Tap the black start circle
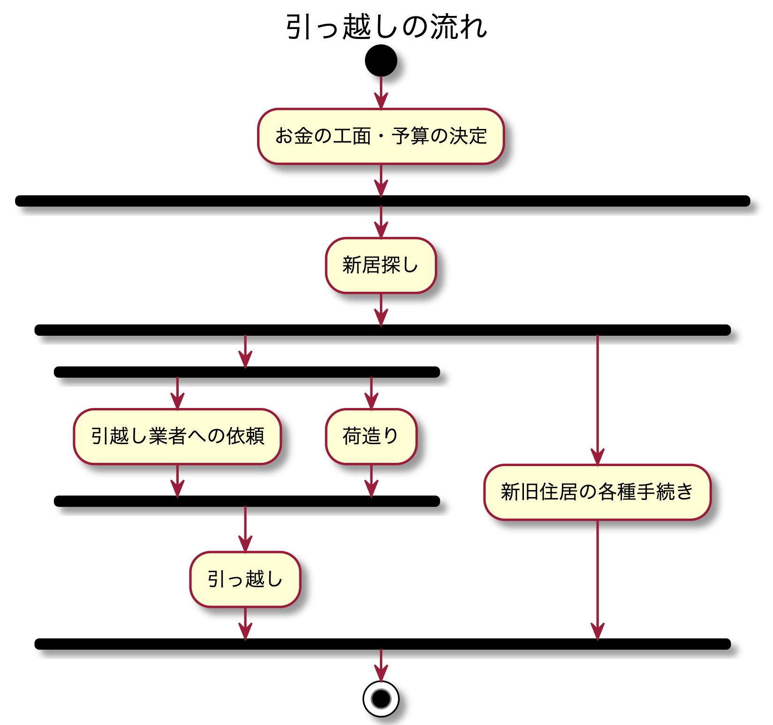click(381, 60)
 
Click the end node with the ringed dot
click(381, 699)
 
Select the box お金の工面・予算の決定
click(381, 136)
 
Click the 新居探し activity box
click(381, 265)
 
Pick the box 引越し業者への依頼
click(177, 437)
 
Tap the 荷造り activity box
click(371, 437)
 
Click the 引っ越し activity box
click(245, 580)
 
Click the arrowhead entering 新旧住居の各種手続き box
click(597, 457)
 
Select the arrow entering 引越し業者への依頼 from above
click(177, 393)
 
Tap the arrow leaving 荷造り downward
click(371, 481)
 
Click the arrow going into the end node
click(381, 666)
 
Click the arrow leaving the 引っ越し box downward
click(245, 624)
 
